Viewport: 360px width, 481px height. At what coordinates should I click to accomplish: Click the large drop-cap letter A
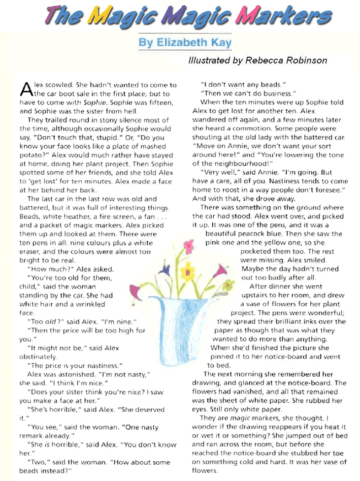click(27, 89)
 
